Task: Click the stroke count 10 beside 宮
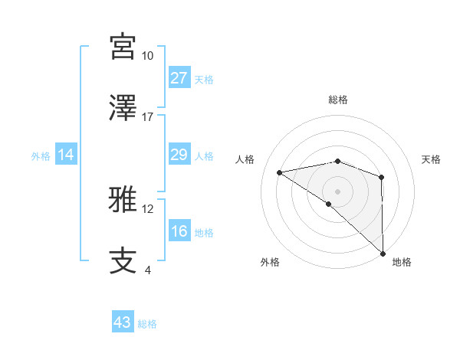pos(147,56)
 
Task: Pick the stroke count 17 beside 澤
pos(147,117)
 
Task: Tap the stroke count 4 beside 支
pos(147,270)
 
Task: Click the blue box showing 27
pos(179,78)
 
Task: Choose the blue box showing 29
pos(179,155)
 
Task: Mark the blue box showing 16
pos(179,231)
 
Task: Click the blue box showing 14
pos(66,155)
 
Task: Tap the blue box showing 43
pos(123,322)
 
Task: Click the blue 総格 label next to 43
pos(147,324)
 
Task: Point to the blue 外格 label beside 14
pos(41,155)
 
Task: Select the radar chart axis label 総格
pos(337,100)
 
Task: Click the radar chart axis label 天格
pos(431,159)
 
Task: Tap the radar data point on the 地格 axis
pos(382,253)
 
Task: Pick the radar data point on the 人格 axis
pos(280,172)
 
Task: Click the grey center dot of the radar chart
pos(337,191)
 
